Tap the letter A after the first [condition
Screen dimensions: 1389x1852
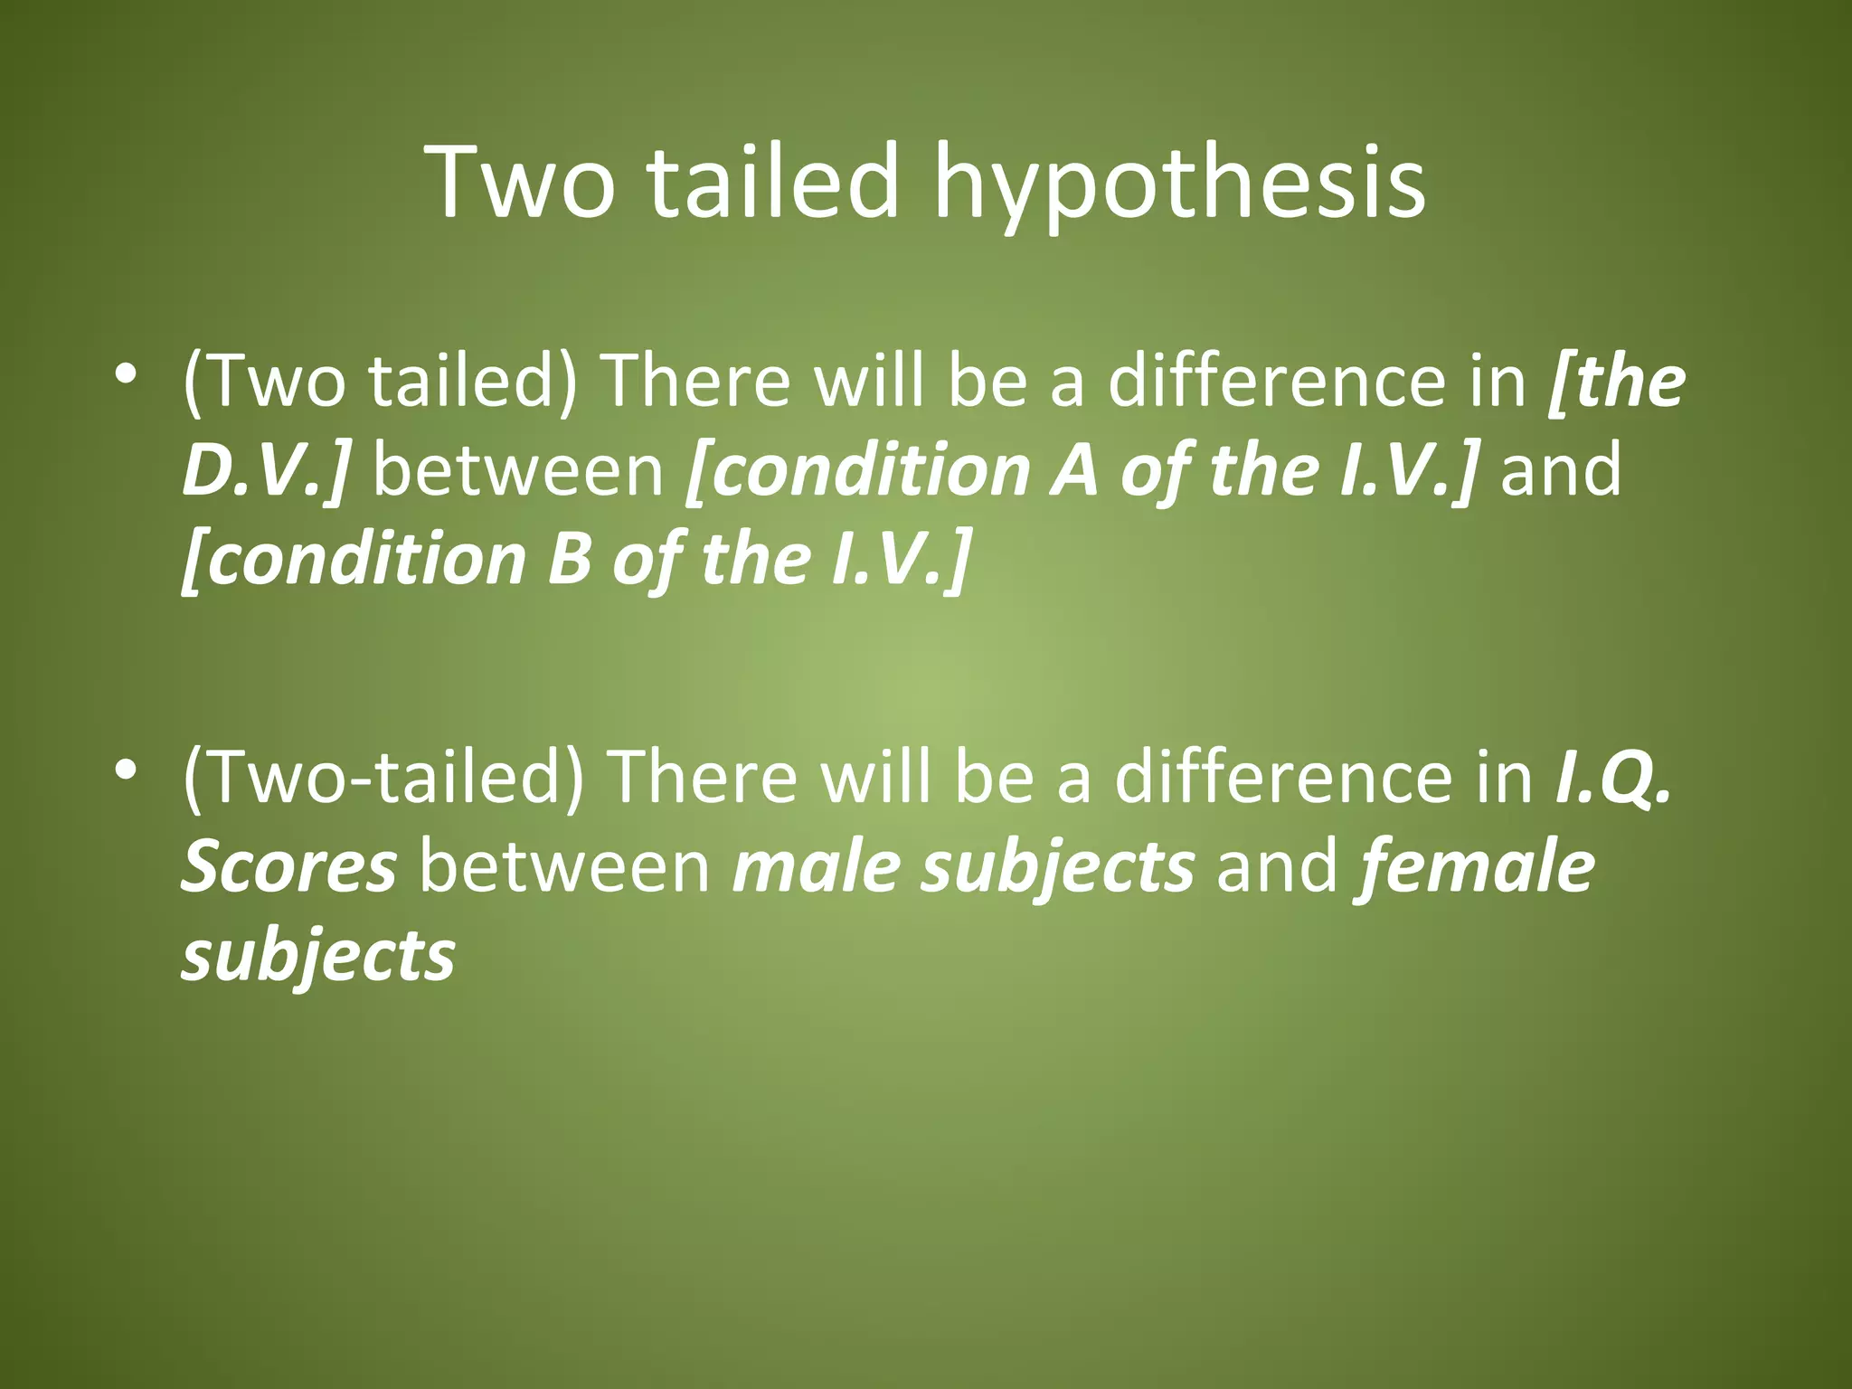pos(1073,470)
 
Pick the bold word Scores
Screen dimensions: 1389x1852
pos(288,866)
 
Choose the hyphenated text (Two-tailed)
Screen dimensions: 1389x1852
pos(383,778)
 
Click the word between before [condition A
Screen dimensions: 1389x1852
pos(518,470)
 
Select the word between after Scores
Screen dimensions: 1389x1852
pos(565,866)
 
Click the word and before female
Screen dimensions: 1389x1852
pos(1276,866)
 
